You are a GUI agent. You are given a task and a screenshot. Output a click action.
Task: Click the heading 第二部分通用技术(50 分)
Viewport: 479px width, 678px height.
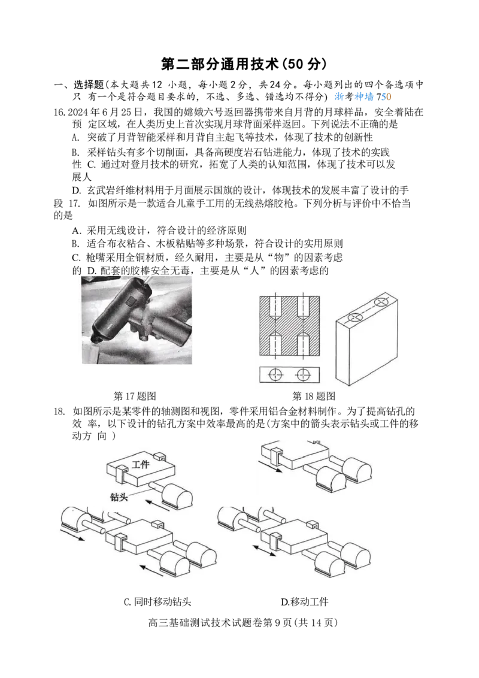click(243, 63)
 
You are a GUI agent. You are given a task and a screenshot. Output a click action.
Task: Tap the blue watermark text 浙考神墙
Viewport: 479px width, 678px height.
click(354, 96)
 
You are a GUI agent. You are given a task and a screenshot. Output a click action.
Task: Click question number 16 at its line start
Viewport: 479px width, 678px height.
click(60, 113)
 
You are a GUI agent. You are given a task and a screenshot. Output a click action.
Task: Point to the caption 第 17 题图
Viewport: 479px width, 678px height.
click(135, 396)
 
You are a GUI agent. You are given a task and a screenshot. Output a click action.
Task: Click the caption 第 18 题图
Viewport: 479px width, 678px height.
click(314, 396)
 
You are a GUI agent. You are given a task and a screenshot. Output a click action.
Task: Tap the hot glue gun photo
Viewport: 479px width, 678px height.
click(137, 320)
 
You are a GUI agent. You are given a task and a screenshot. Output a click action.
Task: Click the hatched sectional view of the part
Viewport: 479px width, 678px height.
click(289, 326)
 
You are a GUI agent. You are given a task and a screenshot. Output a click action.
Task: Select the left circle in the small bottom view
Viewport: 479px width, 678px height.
click(276, 374)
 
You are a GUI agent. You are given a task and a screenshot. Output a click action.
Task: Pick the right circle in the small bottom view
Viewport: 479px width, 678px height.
click(304, 374)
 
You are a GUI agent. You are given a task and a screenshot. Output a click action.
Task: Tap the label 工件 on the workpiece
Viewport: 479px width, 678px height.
click(141, 464)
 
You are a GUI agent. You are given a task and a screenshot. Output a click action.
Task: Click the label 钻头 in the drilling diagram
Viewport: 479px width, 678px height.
click(119, 497)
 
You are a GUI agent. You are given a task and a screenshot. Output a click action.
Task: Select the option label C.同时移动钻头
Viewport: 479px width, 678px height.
click(157, 601)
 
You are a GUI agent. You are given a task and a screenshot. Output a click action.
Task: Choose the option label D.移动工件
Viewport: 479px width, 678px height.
click(304, 601)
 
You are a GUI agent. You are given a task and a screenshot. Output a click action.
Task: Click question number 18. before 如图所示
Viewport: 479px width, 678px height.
click(60, 411)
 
